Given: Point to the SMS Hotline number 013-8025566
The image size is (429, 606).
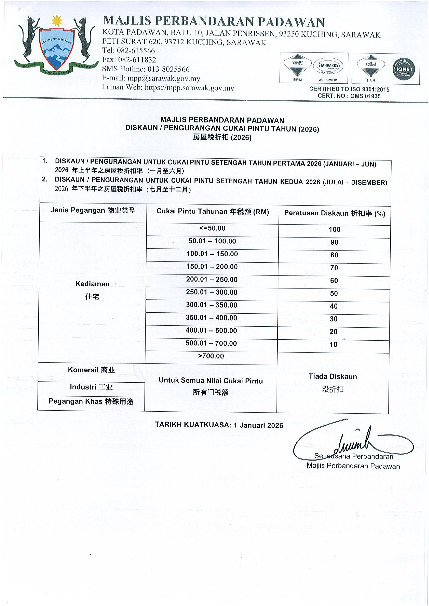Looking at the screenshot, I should (168, 69).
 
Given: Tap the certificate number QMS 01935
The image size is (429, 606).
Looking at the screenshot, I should (365, 96).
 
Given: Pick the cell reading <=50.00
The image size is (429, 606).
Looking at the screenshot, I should (212, 228).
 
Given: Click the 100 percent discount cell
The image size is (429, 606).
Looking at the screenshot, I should (334, 230).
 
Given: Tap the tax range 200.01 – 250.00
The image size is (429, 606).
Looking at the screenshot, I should (212, 279).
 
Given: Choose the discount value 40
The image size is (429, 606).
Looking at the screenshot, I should (334, 306).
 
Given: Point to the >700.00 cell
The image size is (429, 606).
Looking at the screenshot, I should (211, 356).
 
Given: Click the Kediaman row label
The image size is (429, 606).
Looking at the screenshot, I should (92, 284).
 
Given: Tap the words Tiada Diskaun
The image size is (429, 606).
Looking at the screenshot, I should (333, 377).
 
